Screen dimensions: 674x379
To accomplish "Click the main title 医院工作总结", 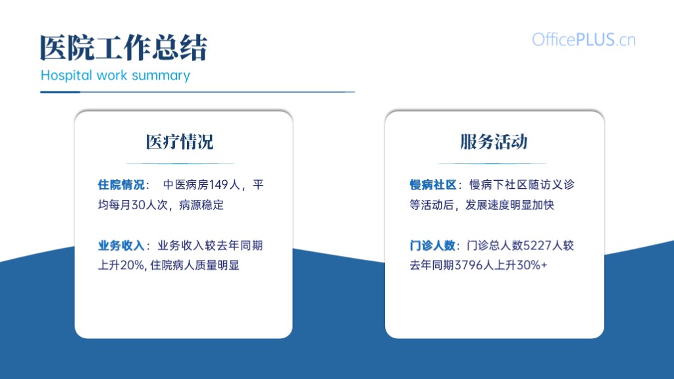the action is pos(124,47).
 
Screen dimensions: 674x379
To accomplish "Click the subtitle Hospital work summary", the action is pos(115,75).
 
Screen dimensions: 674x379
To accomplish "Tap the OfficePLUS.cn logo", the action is pos(584,39).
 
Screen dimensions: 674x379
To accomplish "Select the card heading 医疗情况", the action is pos(180,142).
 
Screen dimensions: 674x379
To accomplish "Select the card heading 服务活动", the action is pos(494,142).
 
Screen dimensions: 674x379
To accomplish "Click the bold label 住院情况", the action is pos(121,185).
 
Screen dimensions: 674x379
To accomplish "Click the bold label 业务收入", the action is pos(121,245).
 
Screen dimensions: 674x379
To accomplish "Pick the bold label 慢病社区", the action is pos(433,185).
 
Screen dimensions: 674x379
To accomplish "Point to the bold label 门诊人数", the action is pos(432,245).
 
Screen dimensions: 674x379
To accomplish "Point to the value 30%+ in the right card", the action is pos(532,265).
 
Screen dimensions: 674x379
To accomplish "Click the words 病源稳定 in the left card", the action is pos(201,205).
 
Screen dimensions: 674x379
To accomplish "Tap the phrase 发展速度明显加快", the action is pos(510,205).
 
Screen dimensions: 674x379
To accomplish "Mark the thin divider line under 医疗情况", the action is pos(180,163).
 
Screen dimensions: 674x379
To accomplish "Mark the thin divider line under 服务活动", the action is pos(492,163).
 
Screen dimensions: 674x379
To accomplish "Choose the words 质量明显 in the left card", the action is pos(217,265).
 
